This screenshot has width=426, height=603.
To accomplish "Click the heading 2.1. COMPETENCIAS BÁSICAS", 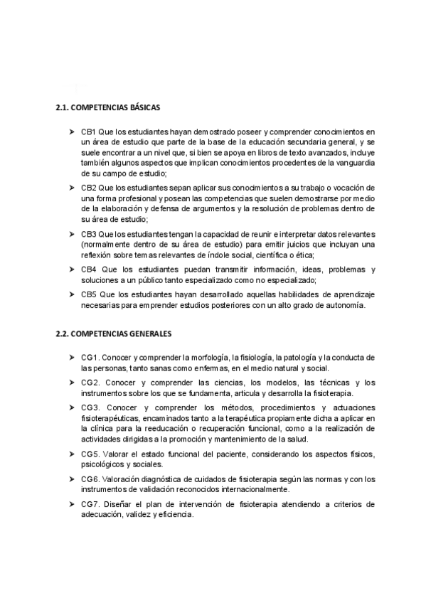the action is coord(107,108).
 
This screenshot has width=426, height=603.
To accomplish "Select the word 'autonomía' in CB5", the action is coord(344,306).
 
